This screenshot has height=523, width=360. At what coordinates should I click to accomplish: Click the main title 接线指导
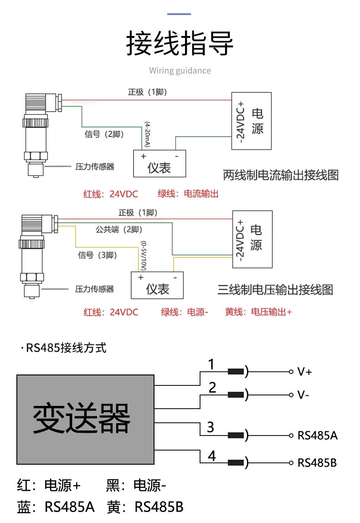(x=180, y=43)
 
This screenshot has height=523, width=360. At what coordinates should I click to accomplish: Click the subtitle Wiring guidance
(x=180, y=71)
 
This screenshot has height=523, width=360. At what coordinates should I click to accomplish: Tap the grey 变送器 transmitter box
(x=85, y=419)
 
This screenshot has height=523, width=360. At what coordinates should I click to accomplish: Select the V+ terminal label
(x=304, y=372)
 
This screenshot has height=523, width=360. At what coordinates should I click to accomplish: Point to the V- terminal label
(x=303, y=395)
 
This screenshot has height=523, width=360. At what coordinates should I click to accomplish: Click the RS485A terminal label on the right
(x=317, y=435)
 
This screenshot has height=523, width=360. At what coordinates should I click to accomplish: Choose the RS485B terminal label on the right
(x=317, y=462)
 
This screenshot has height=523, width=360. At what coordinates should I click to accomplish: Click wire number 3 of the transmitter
(x=210, y=427)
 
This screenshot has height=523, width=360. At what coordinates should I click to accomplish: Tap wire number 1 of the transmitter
(x=211, y=364)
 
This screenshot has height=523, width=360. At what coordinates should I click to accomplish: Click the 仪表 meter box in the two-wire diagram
(x=159, y=164)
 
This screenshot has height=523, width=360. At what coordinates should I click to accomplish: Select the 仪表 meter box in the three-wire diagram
(x=157, y=285)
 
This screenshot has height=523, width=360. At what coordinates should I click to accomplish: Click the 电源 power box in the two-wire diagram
(x=252, y=121)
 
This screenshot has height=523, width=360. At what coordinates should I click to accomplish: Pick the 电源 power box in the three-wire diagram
(x=252, y=239)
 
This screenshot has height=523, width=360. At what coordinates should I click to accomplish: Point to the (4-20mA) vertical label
(x=147, y=134)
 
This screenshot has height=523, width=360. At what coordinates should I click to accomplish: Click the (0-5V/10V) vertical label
(x=144, y=256)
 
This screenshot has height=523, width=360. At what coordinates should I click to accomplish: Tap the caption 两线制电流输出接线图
(x=281, y=175)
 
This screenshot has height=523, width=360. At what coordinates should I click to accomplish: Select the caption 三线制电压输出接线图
(x=275, y=290)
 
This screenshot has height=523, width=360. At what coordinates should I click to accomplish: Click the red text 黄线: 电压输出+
(x=258, y=312)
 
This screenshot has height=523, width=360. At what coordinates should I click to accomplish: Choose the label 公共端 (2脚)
(x=119, y=230)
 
